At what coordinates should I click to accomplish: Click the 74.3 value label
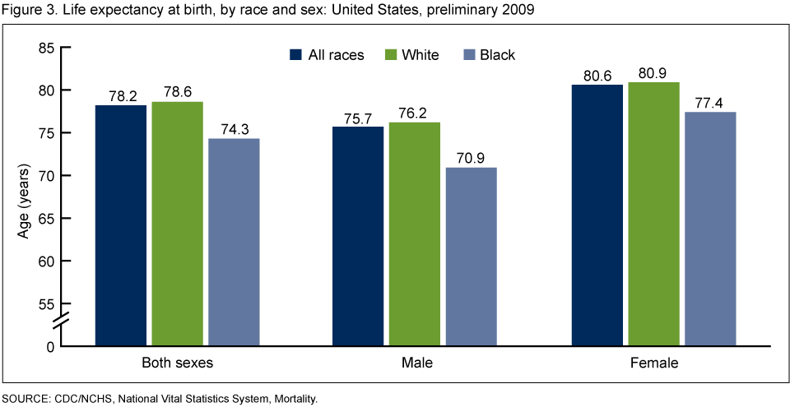pos(234,129)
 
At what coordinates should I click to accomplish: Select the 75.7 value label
pos(358,118)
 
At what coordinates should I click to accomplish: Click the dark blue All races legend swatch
pos(295,55)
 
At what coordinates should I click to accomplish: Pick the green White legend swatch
pos(391,55)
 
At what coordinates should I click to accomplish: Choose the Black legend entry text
pos(498,55)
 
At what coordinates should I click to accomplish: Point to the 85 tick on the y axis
pos(45,48)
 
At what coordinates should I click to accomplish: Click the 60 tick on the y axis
pos(45,261)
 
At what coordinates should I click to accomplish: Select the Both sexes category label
pos(178,362)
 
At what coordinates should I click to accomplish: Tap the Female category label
pos(653,362)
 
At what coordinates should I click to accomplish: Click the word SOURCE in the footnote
pos(26,399)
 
